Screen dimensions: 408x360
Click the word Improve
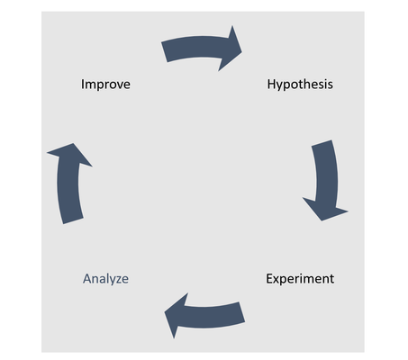[105, 85]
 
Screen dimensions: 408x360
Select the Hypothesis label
[300, 85]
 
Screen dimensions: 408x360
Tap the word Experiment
[300, 279]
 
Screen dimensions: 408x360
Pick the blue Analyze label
[105, 279]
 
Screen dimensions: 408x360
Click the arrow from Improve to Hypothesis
[200, 47]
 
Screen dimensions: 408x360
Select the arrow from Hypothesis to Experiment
[327, 180]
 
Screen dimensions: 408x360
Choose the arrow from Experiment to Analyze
[207, 317]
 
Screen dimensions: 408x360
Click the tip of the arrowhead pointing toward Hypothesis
[241, 51]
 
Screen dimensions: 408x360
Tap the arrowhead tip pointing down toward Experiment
[322, 220]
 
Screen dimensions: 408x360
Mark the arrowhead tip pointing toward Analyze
[165, 312]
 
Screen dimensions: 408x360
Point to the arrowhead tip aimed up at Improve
[73, 143]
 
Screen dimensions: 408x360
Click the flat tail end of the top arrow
[165, 52]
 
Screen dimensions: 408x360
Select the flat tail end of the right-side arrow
[322, 143]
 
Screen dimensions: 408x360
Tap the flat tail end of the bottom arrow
[242, 312]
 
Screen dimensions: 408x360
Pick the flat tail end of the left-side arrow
[73, 220]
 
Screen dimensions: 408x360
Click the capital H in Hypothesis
[271, 84]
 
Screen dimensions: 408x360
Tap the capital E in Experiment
[269, 278]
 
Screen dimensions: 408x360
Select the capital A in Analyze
[87, 278]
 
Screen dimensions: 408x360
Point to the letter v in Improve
[118, 85]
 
